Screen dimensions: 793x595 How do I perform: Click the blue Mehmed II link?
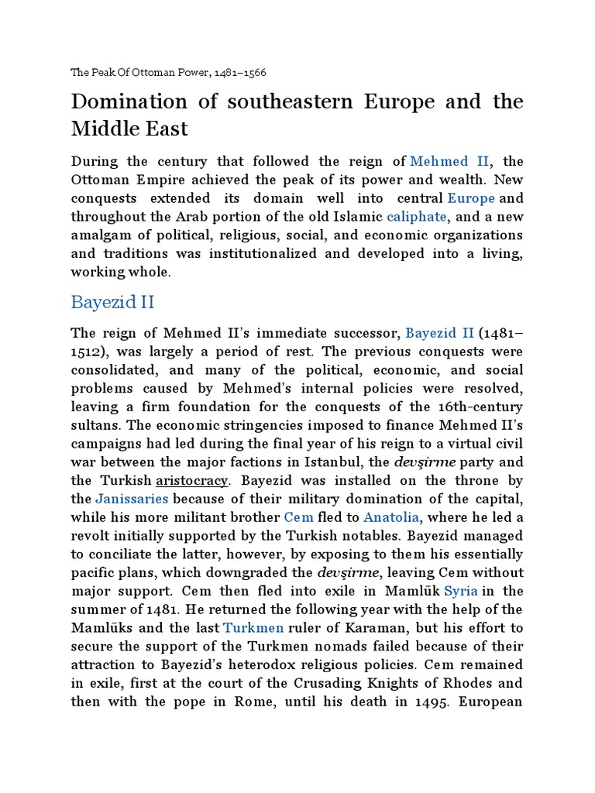point(449,161)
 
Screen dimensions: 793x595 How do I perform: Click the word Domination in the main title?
point(129,102)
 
